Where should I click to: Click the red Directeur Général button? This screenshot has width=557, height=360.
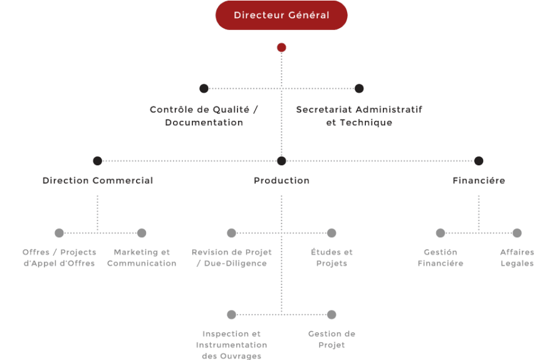point(281,15)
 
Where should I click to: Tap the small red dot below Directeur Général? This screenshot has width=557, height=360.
point(281,47)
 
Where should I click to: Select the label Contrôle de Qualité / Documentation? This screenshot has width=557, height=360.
point(204,116)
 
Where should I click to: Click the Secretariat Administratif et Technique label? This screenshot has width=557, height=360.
point(359,116)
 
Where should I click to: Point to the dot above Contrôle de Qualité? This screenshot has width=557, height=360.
point(204,88)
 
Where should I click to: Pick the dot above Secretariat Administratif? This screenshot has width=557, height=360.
point(360,88)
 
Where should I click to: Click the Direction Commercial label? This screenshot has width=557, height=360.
point(98,180)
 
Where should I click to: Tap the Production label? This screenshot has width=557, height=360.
point(281,180)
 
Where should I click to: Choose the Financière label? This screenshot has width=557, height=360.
point(479,180)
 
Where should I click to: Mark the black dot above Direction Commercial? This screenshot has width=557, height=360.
point(97,161)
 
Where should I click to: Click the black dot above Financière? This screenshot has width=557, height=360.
point(479,161)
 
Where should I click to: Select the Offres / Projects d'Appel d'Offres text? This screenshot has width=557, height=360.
point(59,258)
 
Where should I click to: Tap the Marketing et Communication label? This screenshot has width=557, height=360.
point(142,258)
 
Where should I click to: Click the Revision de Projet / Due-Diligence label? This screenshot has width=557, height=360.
point(232,258)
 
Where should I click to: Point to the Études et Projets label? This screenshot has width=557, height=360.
point(331,258)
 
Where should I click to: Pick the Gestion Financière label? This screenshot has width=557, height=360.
point(440,258)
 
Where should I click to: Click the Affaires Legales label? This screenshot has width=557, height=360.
point(517,258)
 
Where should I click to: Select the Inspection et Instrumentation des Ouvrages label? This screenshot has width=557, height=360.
point(231,345)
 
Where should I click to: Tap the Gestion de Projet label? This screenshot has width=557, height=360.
point(331,339)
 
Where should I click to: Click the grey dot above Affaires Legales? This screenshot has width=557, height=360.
point(517,233)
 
